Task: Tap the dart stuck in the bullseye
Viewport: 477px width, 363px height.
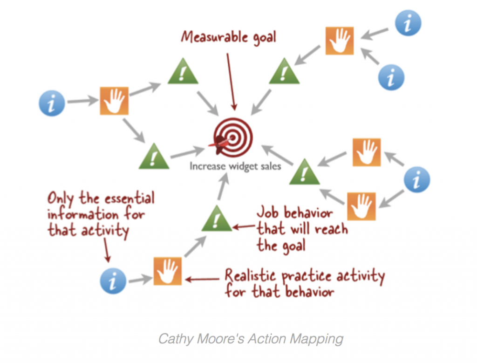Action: (223, 141)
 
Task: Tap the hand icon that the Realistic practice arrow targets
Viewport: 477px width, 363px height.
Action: (168, 271)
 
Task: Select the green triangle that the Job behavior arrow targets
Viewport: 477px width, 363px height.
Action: (216, 218)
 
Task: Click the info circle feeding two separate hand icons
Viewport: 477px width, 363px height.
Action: (417, 179)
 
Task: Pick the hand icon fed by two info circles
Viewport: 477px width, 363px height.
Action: (339, 41)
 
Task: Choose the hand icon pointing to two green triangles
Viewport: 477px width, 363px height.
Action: (114, 100)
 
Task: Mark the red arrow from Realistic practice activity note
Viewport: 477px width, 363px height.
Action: (202, 279)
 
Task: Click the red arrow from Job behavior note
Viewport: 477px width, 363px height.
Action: (244, 227)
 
